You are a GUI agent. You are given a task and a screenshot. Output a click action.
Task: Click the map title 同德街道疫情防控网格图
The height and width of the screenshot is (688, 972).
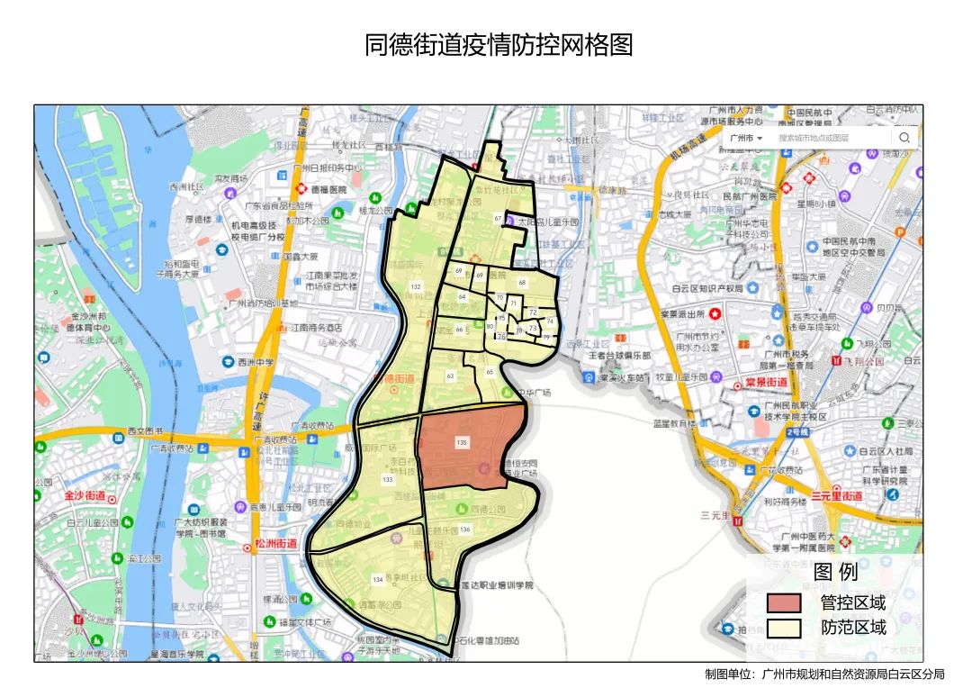[x=499, y=45]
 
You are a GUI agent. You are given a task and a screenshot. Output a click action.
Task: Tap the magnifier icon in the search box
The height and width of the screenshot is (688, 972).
[x=904, y=138]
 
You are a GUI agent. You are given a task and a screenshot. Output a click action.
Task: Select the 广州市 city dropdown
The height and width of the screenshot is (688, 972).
[x=746, y=138]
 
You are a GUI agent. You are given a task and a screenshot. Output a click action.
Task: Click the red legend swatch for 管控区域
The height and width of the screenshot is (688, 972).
[x=783, y=603]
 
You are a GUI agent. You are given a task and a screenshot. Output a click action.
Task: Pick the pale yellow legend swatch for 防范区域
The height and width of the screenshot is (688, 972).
[x=783, y=628]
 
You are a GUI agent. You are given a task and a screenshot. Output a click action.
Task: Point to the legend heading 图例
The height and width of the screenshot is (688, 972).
[x=835, y=572]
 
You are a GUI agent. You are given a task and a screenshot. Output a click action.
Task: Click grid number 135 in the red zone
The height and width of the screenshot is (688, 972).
[x=462, y=442]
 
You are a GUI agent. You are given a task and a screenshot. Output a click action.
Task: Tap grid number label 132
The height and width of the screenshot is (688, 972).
[x=415, y=286]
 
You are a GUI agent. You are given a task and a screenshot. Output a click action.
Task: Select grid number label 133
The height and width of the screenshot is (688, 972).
[x=387, y=480]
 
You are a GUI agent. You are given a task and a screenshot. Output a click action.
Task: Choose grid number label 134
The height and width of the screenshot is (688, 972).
[x=377, y=579]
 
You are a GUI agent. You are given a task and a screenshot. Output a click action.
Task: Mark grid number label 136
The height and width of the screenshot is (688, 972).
[x=464, y=530]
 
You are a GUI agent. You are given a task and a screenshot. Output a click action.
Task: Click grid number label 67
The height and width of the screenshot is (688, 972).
[x=498, y=219]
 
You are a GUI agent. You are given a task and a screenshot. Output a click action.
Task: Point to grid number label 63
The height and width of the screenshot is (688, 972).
[x=450, y=375]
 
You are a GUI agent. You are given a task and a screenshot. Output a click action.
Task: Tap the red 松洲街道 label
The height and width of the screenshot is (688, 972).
[x=275, y=543]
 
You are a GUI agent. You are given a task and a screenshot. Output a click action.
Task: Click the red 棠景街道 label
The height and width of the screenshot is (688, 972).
[x=766, y=382]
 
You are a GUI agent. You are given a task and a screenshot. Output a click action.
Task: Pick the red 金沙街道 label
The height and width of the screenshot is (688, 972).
[x=85, y=496]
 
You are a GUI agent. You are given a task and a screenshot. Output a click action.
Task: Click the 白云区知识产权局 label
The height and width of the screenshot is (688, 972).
[x=707, y=289]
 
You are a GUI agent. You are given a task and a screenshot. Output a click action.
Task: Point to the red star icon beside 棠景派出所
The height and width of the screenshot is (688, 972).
[x=715, y=313]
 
